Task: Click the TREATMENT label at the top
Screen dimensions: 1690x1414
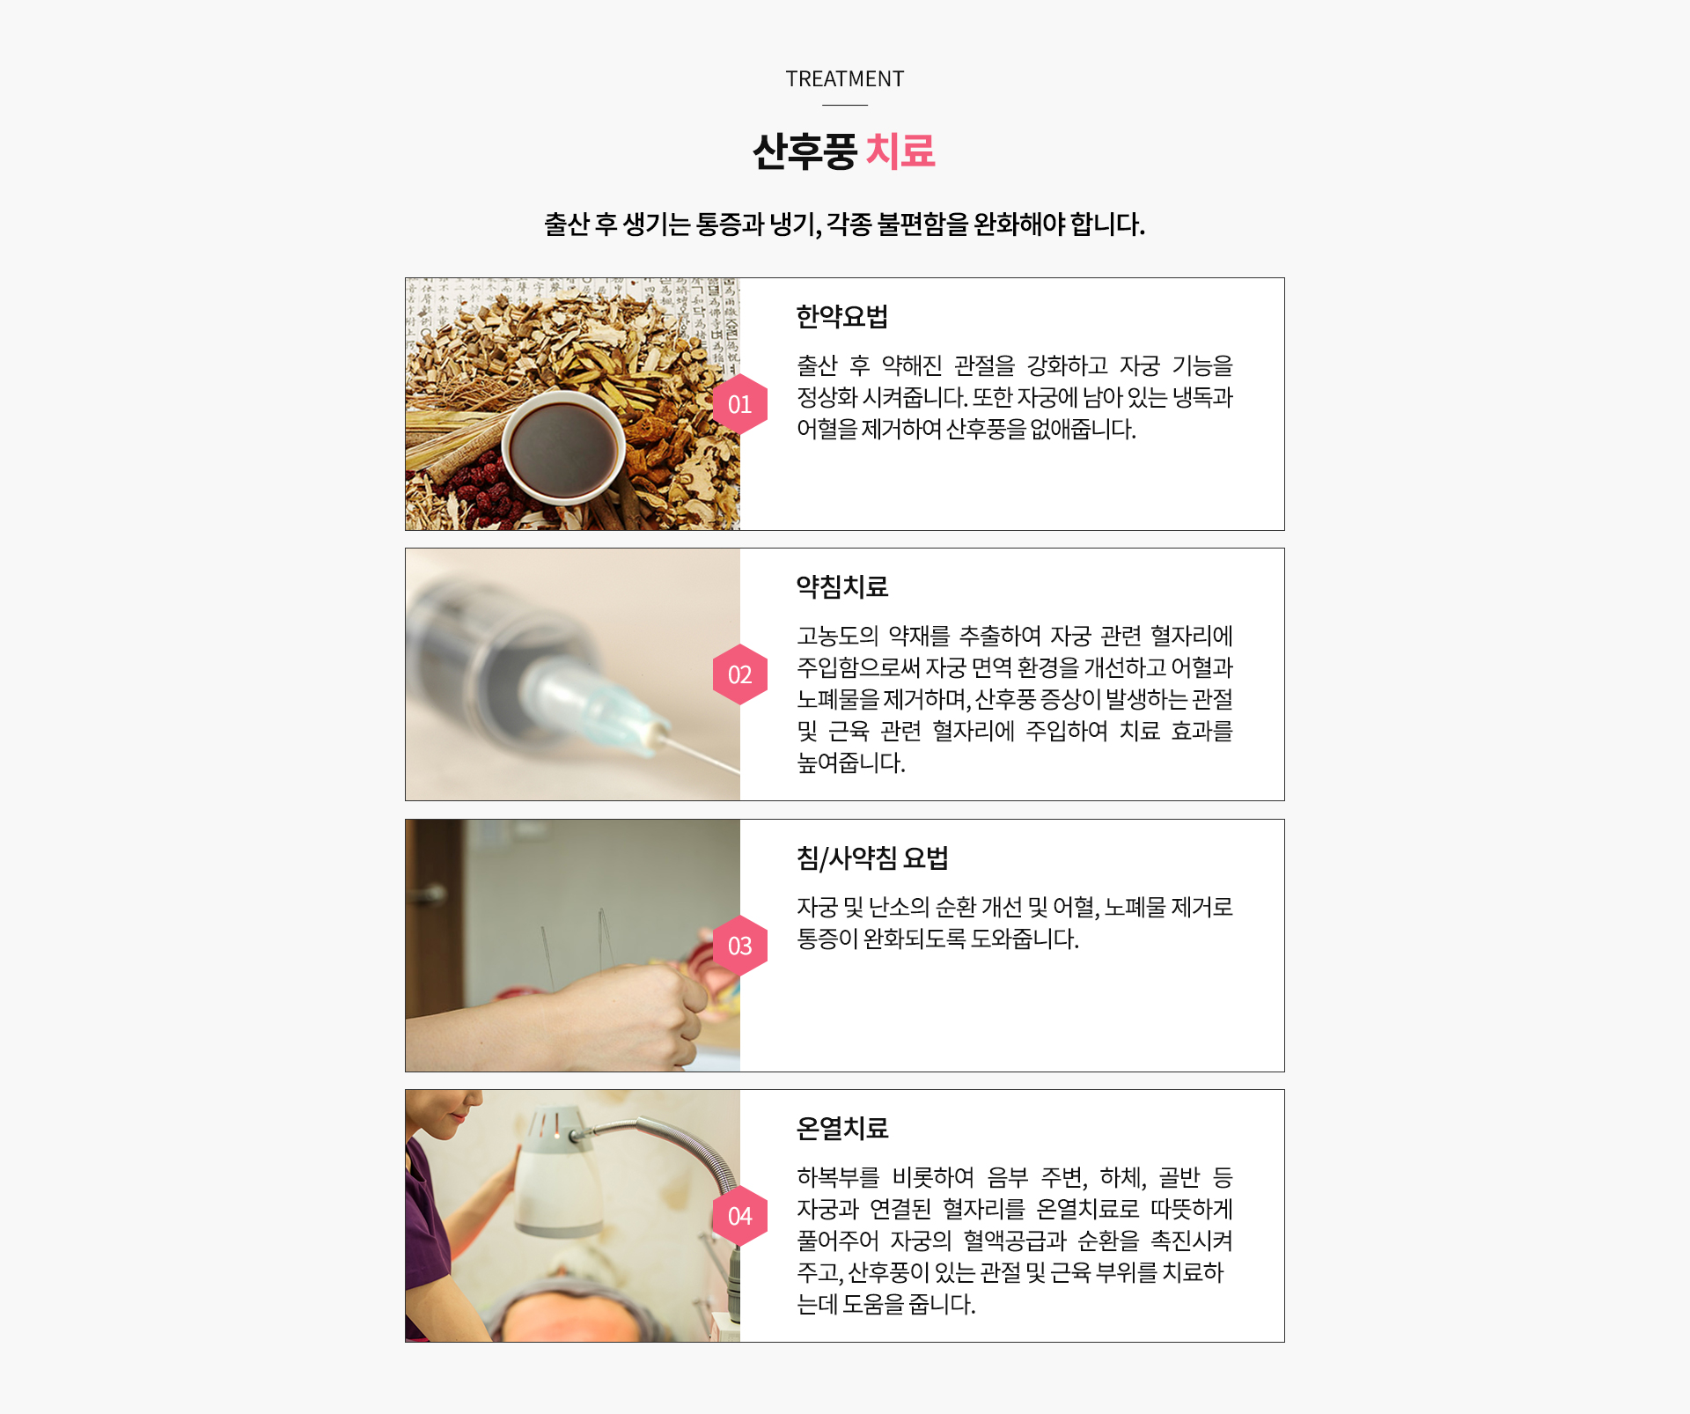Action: click(845, 79)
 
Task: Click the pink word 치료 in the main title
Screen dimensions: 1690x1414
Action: click(900, 151)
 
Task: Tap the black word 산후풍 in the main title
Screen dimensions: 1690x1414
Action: click(805, 151)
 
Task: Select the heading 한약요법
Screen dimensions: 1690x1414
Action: click(842, 316)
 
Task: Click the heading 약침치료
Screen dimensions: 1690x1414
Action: click(842, 586)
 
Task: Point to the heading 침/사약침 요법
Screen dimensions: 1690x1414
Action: click(872, 858)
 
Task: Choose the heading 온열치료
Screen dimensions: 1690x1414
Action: click(842, 1128)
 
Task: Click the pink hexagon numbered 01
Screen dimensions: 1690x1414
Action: click(740, 404)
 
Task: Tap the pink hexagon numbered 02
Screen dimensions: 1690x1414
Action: click(740, 674)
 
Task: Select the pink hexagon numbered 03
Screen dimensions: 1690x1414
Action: click(740, 946)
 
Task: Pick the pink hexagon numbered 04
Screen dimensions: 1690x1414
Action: click(740, 1216)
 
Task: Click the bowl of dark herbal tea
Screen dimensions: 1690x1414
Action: click(563, 447)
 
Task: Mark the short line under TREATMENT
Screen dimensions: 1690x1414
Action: click(845, 106)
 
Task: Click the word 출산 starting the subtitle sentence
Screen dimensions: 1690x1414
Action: click(567, 225)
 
